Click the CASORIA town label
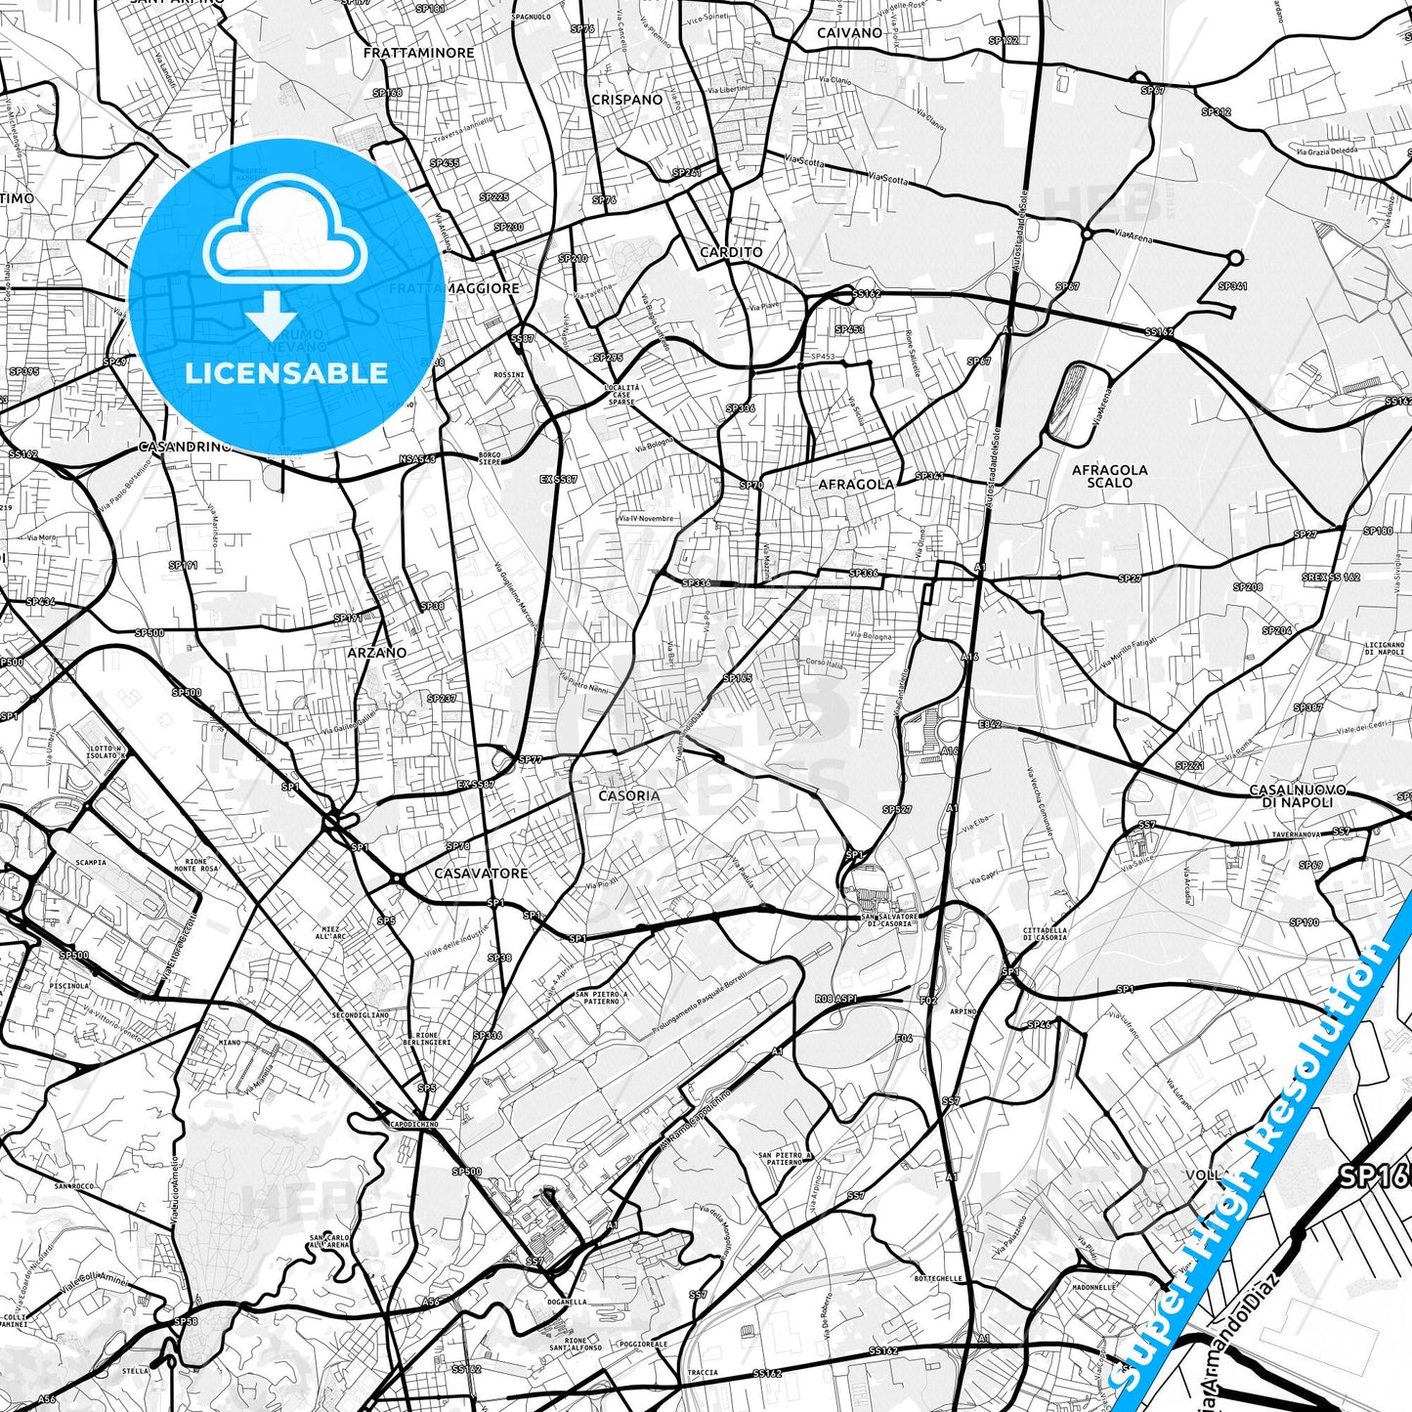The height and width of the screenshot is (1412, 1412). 629,796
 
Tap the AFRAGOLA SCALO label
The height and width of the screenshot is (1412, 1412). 1109,476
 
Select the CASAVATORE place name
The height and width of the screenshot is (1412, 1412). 481,874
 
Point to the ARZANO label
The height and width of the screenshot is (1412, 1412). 377,653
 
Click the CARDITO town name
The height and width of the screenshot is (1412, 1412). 731,252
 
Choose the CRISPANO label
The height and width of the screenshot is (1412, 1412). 626,100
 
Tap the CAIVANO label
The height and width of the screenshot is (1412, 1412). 849,33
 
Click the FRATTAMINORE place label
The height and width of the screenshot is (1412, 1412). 418,53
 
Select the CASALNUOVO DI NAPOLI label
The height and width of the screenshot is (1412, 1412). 1297,795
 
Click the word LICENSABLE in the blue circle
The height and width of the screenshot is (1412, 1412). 286,373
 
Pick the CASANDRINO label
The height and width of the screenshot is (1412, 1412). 185,447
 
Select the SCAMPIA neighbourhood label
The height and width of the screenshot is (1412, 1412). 91,863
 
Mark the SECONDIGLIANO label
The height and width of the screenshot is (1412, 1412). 360,1015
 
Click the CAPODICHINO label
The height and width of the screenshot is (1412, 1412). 413,1125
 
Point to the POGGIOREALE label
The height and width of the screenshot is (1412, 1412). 643,1345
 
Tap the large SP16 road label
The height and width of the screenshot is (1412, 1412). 1373,1176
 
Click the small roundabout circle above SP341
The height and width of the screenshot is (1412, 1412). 1235,258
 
